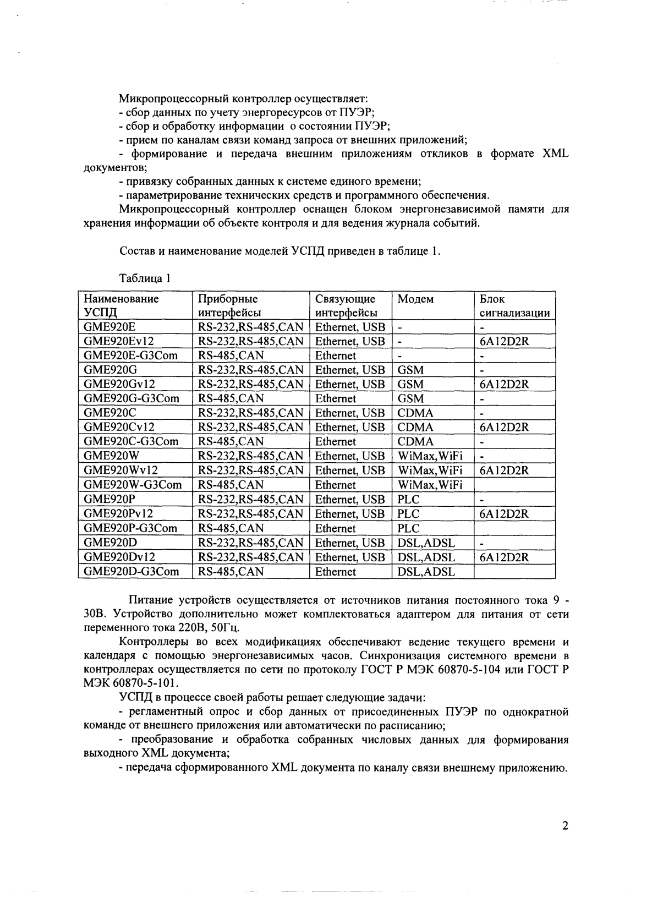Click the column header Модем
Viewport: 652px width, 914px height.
[415, 299]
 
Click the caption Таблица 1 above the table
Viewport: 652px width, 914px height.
[144, 278]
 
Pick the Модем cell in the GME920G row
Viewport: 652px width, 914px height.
[410, 370]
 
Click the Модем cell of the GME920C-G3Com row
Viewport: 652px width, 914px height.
[415, 442]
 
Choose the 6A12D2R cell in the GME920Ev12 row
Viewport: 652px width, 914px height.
[504, 341]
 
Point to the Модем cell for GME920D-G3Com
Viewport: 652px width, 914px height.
[426, 572]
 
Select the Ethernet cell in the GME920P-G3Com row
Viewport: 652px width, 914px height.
[335, 528]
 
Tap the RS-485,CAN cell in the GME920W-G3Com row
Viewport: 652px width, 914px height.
[231, 485]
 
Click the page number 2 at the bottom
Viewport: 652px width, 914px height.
[565, 826]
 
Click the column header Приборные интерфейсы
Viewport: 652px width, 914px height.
[228, 306]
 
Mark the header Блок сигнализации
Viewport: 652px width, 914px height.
[514, 306]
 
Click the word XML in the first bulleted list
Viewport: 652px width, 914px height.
[555, 154]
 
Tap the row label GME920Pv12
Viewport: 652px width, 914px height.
[118, 514]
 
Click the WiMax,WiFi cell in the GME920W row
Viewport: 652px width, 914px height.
[430, 456]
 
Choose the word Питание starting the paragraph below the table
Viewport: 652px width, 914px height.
[151, 599]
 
